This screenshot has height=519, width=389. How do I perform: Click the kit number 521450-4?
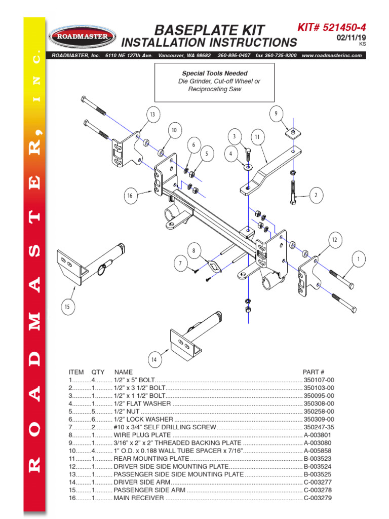point(338,28)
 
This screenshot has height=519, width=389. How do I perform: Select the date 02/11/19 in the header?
point(351,38)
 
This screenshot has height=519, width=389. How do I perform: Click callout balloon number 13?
point(152,115)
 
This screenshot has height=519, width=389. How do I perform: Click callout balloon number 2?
point(316,195)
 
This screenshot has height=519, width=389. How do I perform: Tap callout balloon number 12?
point(334,239)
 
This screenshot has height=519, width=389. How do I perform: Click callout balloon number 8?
point(193,250)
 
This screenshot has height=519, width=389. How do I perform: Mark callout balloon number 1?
point(359,259)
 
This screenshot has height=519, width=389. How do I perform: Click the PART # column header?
point(313,372)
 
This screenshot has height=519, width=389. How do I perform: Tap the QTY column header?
point(98,372)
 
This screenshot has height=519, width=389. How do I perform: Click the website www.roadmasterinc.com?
point(332,55)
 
